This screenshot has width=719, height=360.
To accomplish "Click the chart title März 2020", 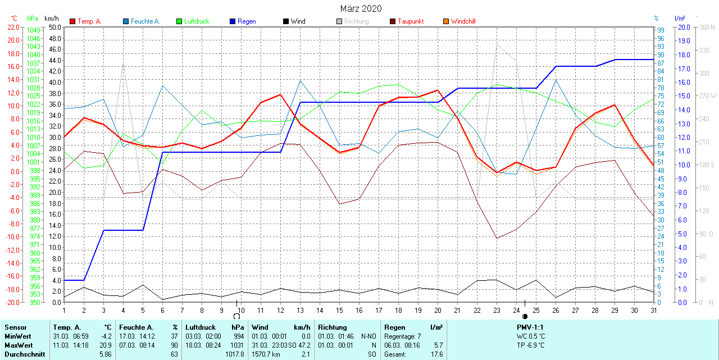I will point(361,8).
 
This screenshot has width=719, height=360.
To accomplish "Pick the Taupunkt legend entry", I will point(410,21).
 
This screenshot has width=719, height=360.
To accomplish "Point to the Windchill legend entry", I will point(463,21).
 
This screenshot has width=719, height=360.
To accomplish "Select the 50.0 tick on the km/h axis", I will point(54,27).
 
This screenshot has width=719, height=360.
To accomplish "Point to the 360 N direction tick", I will point(707,27).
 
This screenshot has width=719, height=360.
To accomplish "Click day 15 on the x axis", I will point(339,310).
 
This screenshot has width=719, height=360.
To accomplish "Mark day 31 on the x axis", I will point(654,310).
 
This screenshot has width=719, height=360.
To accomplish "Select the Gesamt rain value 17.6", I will point(436,354).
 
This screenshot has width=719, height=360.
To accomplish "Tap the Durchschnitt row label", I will point(25,354).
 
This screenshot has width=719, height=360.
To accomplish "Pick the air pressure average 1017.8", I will point(234,354).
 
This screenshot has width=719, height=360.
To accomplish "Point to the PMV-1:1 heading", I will point(530,327).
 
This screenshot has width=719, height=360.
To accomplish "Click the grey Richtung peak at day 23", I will point(497,44).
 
